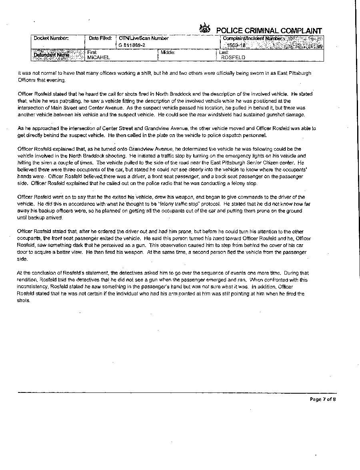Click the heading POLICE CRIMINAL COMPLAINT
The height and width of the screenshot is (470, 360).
(269, 31)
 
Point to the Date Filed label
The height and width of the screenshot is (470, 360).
(100, 38)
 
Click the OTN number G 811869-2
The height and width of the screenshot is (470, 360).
(131, 45)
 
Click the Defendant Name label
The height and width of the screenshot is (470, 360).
(52, 55)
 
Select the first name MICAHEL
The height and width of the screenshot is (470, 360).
(98, 58)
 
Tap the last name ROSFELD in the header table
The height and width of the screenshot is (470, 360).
(233, 58)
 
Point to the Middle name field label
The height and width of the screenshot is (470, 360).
(168, 52)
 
